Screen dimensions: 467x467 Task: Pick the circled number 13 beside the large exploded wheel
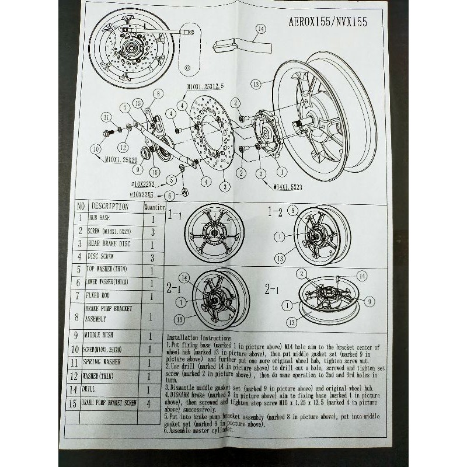click(x=255, y=84)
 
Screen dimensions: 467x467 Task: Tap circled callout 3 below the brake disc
click(x=222, y=187)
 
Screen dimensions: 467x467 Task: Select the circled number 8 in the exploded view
click(x=156, y=93)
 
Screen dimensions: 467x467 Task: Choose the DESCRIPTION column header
click(x=110, y=206)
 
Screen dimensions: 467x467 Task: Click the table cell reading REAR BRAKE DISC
click(x=110, y=243)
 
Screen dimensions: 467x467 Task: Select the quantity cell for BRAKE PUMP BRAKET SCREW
click(x=151, y=403)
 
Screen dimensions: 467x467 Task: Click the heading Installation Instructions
click(x=198, y=338)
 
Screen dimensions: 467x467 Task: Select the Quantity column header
click(x=154, y=207)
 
